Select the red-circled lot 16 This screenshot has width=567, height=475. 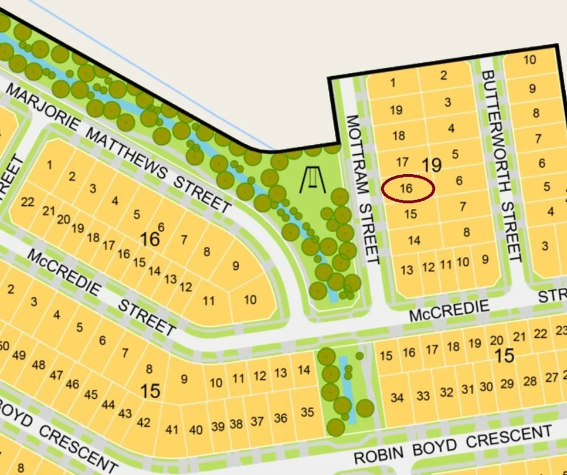tap(408, 189)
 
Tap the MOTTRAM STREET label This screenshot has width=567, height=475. tap(362, 189)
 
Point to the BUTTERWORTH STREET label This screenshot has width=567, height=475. tap(501, 165)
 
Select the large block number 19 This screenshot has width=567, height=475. tap(432, 165)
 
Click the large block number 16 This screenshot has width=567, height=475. tap(150, 239)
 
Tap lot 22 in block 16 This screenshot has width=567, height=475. tap(28, 202)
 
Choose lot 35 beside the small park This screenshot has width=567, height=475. tap(307, 412)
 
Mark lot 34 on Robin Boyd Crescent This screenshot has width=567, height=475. tap(397, 398)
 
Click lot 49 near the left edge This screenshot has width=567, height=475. tap(19, 355)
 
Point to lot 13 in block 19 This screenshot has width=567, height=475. tap(407, 270)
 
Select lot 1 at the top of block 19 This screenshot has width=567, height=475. tap(393, 83)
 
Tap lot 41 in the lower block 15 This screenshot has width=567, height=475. tap(171, 429)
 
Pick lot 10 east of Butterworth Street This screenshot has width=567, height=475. tap(529, 59)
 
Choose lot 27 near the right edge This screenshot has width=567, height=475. tap(551, 377)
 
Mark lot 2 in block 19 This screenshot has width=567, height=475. tap(444, 74)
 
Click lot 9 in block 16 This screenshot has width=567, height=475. tap(236, 266)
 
